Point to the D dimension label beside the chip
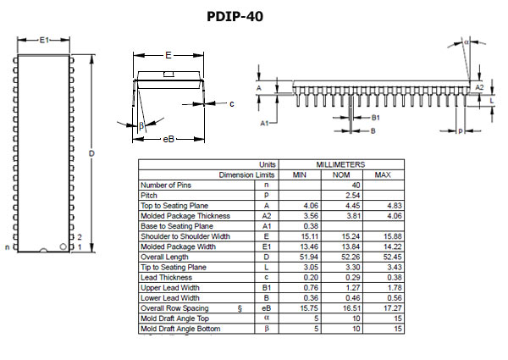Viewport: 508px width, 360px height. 91,152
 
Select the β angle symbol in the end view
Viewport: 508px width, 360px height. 141,126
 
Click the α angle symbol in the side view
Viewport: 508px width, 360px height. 467,40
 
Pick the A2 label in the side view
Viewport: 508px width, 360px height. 479,87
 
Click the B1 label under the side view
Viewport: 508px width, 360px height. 376,118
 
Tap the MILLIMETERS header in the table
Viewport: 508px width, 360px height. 341,164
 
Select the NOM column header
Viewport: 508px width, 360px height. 341,174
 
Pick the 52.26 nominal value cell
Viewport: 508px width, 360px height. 341,257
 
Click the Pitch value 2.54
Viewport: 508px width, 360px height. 341,195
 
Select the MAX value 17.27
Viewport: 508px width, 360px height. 383,308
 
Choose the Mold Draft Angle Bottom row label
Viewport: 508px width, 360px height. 180,329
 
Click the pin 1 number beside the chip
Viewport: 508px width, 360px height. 79,247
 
